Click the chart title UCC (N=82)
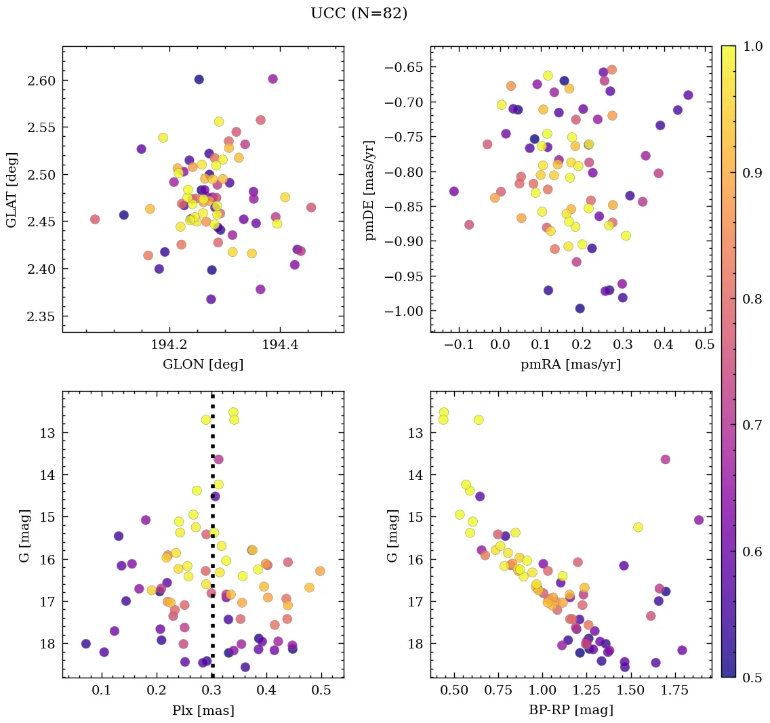tap(359, 14)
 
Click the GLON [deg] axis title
tap(203, 365)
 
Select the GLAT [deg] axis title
tap(12, 189)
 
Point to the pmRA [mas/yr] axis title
tap(570, 365)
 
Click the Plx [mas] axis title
tap(203, 710)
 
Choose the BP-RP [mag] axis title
tap(570, 710)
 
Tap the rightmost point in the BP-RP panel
tap(699, 520)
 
